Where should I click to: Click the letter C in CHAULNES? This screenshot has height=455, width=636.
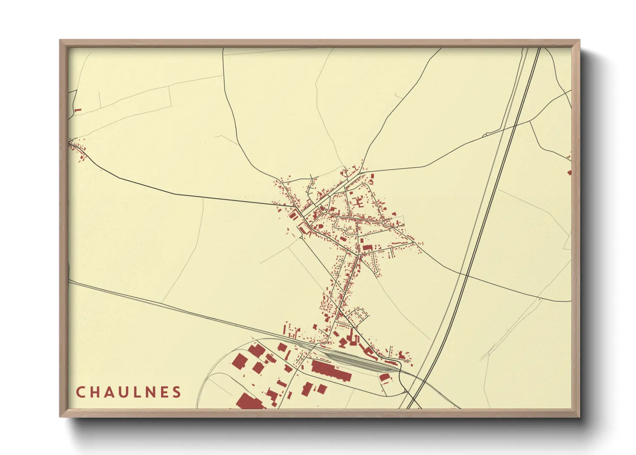(x=80, y=392)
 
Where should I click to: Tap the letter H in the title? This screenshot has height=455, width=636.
(x=95, y=392)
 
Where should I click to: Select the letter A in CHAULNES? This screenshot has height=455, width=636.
(x=109, y=392)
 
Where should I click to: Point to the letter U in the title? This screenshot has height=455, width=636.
(x=124, y=392)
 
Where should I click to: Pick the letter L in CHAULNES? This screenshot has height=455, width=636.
(x=138, y=392)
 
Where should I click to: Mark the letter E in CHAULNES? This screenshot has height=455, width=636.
(x=164, y=392)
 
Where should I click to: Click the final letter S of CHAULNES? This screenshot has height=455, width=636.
(x=177, y=392)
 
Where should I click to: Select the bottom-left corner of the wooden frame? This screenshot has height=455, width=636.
(x=61, y=416)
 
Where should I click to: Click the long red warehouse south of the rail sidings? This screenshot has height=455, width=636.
(x=331, y=371)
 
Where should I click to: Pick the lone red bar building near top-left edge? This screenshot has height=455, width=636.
(x=78, y=110)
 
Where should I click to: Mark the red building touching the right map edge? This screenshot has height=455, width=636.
(x=570, y=172)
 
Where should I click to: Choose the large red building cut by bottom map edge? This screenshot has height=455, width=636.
(x=249, y=402)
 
